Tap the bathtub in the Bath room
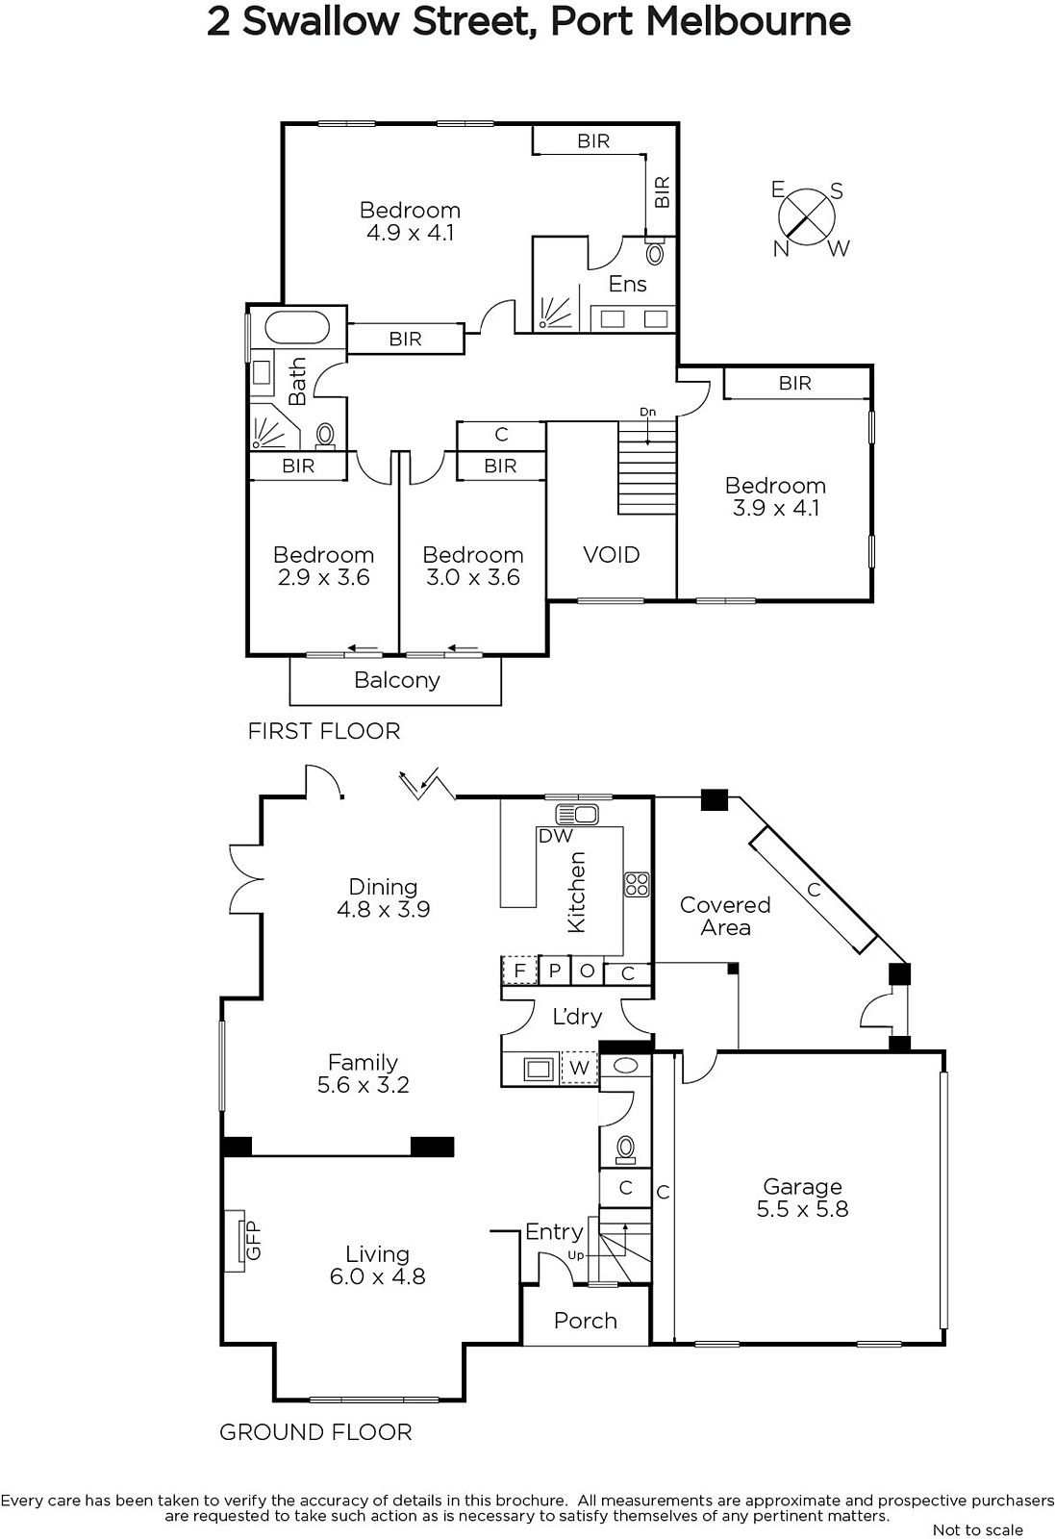tap(297, 328)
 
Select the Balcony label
tap(397, 680)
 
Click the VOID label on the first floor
tap(612, 554)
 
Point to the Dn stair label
tap(647, 413)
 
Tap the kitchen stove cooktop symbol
tap(636, 885)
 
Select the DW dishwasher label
tap(556, 836)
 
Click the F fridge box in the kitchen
tap(519, 971)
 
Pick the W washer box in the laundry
tap(580, 1069)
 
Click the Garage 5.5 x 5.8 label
tap(802, 1198)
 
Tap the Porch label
tap(585, 1321)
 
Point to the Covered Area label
tap(725, 916)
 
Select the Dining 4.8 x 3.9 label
tap(384, 898)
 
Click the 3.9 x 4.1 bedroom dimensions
tap(775, 508)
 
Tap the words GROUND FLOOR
tap(315, 1432)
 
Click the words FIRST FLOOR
tap(324, 731)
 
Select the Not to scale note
tap(977, 1529)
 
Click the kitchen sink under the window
tap(577, 814)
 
